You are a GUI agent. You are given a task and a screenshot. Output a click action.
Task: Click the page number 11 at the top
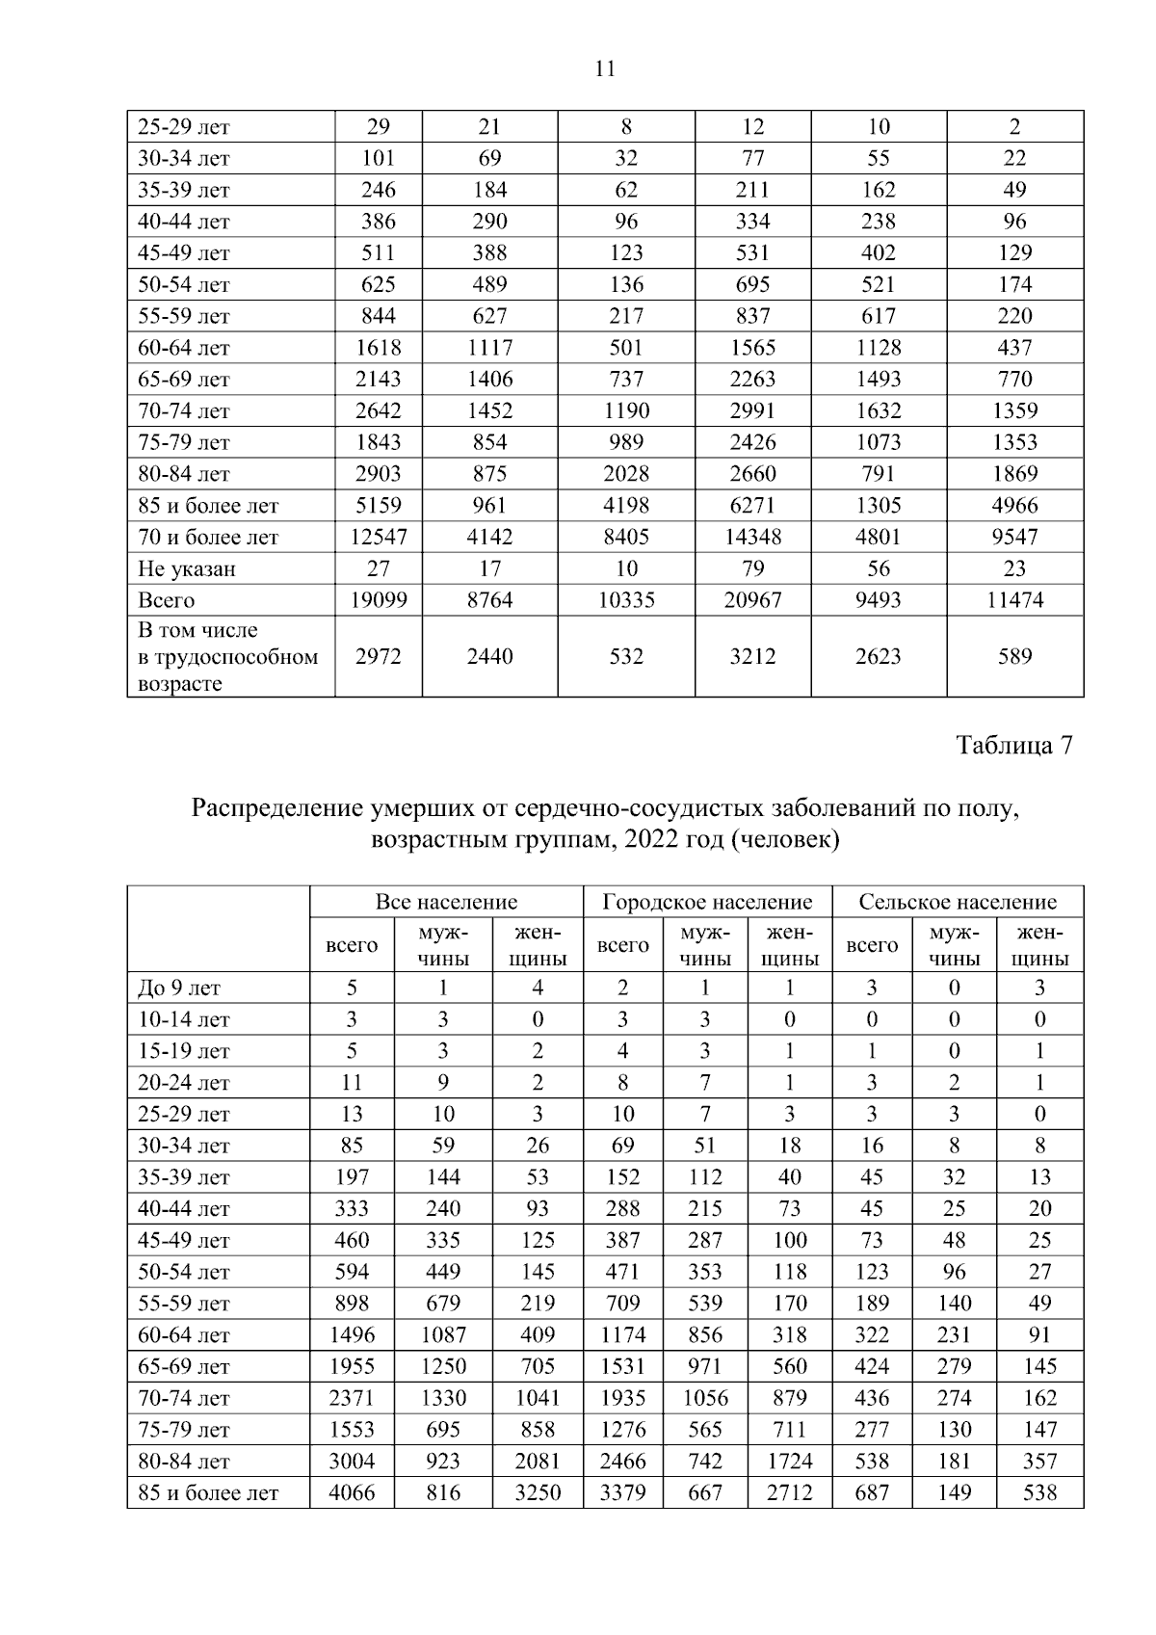[605, 68]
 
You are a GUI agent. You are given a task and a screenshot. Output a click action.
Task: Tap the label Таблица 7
[1013, 746]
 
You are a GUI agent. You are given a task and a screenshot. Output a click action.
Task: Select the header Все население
[446, 902]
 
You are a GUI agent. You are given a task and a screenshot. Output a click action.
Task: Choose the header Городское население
[707, 902]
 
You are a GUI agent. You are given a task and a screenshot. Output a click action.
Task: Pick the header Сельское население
[958, 902]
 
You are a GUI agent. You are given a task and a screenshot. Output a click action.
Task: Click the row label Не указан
[187, 569]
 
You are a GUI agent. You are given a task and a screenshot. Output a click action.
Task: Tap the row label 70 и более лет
[208, 538]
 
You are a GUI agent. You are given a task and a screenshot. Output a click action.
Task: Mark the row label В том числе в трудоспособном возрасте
[227, 657]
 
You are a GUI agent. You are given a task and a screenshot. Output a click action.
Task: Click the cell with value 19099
[378, 600]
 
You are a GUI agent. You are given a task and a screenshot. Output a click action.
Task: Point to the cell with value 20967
[752, 600]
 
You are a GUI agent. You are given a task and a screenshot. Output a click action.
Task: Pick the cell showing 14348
[752, 538]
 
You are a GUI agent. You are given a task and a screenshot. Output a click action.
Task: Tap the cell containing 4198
[626, 506]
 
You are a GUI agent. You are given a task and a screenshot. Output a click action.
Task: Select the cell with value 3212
[752, 657]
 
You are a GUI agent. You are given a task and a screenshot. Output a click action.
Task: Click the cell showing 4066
[352, 1493]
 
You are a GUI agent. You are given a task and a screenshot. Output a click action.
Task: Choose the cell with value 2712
[789, 1493]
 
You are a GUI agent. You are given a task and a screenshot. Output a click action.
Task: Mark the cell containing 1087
[443, 1335]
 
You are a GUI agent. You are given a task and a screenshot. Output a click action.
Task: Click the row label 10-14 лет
[184, 1020]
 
